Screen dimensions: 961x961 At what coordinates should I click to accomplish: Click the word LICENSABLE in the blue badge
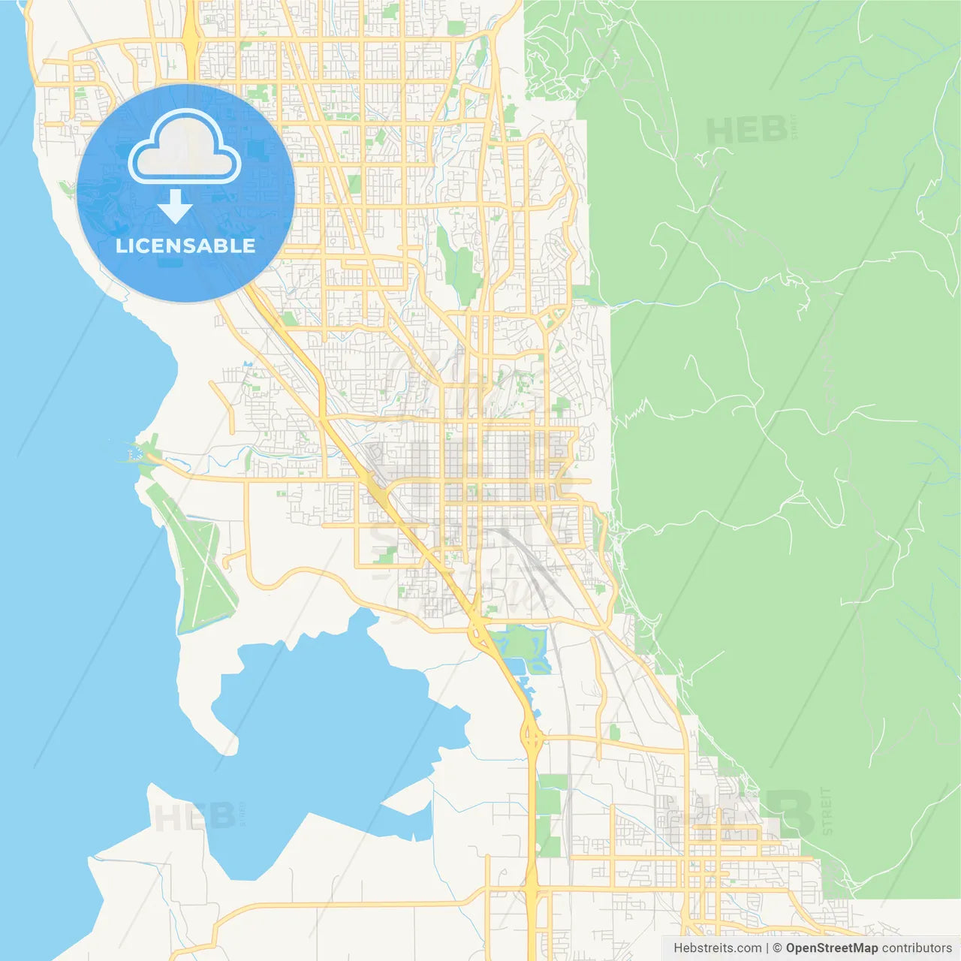[x=185, y=246]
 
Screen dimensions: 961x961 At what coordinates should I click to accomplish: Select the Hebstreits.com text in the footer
[x=717, y=948]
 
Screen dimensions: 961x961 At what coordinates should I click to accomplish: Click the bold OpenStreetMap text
[x=831, y=948]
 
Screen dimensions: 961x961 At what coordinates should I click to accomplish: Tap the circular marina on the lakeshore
[x=137, y=453]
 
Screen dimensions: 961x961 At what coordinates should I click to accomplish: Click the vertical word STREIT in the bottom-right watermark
[x=827, y=811]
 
